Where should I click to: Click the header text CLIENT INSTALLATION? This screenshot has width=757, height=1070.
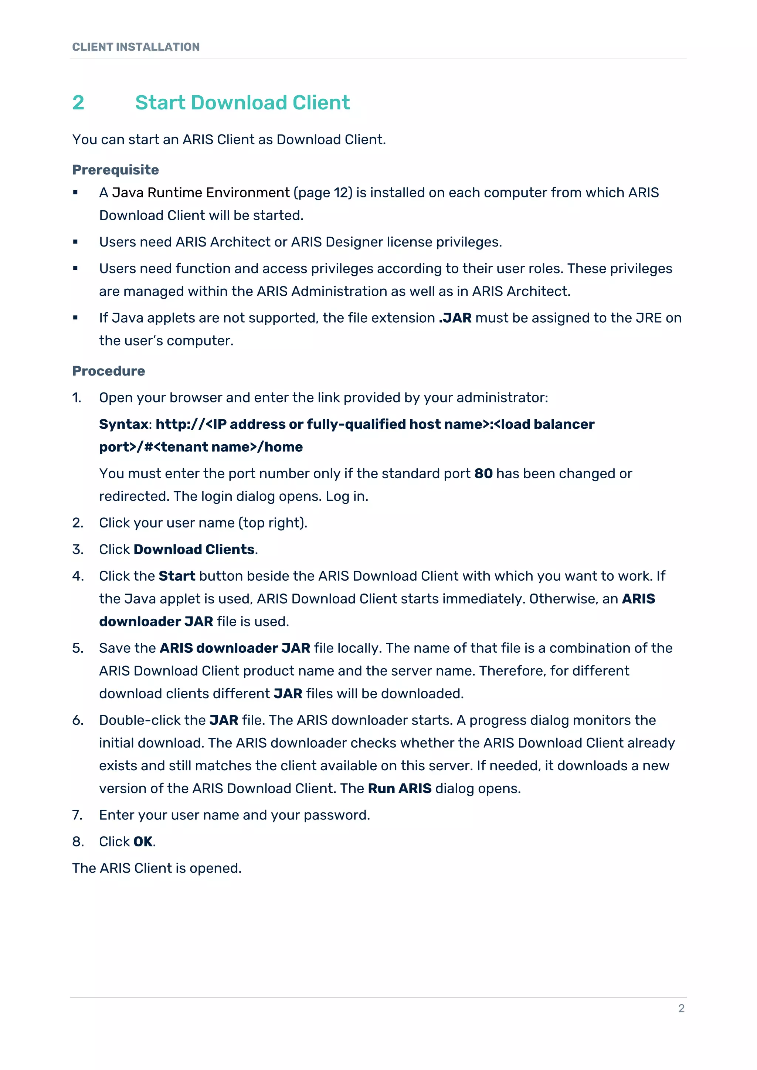[x=136, y=47]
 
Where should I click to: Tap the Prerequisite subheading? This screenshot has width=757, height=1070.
[x=116, y=170]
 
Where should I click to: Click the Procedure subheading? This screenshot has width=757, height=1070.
[x=109, y=371]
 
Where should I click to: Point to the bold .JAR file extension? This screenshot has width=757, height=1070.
[x=455, y=318]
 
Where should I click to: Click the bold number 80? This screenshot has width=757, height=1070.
[x=483, y=473]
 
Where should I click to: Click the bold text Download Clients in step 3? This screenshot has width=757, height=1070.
[x=194, y=550]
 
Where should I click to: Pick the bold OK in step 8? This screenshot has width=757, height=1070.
[x=143, y=842]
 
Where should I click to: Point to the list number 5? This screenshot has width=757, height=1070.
[x=77, y=648]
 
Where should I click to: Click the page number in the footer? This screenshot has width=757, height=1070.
[x=681, y=1009]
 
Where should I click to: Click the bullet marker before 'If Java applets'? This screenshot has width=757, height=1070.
[x=75, y=318]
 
